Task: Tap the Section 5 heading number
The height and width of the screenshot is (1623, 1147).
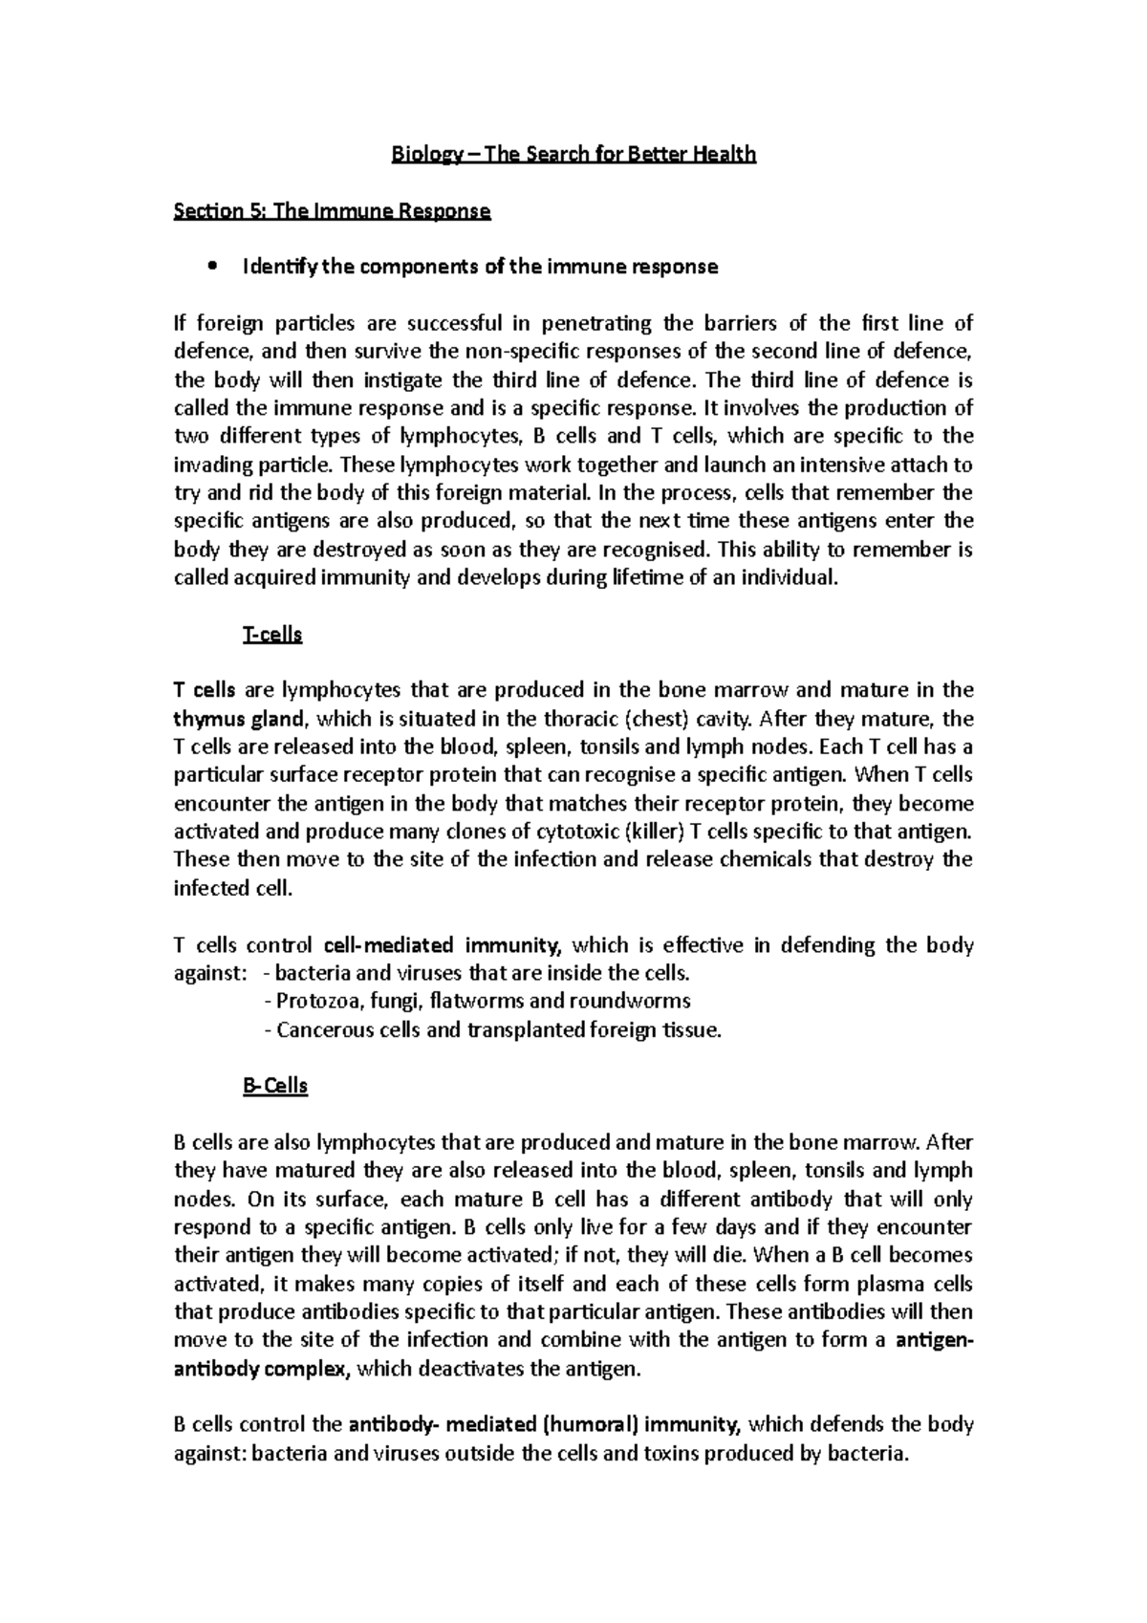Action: tap(257, 211)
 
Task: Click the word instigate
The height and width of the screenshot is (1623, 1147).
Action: tap(400, 379)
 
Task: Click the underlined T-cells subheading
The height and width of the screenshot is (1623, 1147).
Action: tap(273, 635)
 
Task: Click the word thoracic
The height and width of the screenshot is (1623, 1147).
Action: tap(579, 719)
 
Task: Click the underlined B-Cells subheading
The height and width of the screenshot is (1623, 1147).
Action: tap(275, 1086)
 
